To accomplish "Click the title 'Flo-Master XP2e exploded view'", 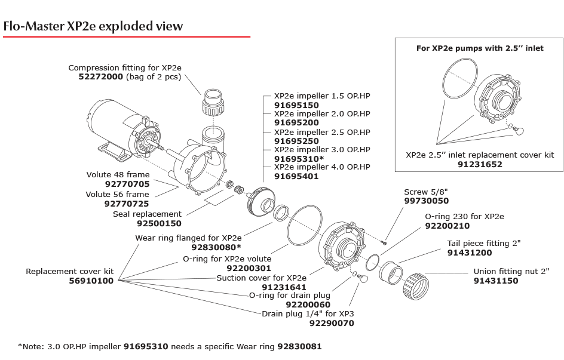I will click(x=93, y=26).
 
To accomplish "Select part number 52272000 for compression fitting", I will click(x=101, y=77).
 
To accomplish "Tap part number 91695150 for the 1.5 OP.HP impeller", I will click(x=296, y=104).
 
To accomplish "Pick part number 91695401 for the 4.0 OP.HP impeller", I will click(x=296, y=176).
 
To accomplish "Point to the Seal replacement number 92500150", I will click(x=159, y=223).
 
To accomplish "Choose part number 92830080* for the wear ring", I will click(x=216, y=247).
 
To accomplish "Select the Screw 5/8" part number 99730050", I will click(x=426, y=201).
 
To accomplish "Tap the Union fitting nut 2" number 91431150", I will click(x=495, y=281).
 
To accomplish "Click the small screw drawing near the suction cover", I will click(x=385, y=242).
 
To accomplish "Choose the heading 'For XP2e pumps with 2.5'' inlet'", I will click(x=480, y=48).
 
